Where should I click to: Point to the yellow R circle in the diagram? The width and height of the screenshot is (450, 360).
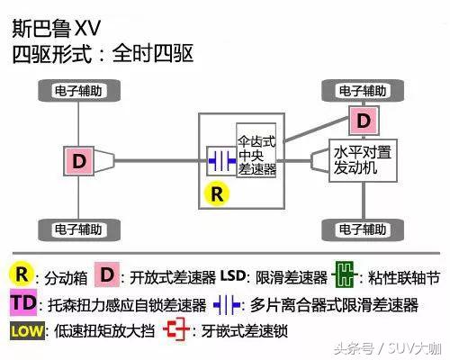217,193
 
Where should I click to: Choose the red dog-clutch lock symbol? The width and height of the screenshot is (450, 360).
177,331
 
